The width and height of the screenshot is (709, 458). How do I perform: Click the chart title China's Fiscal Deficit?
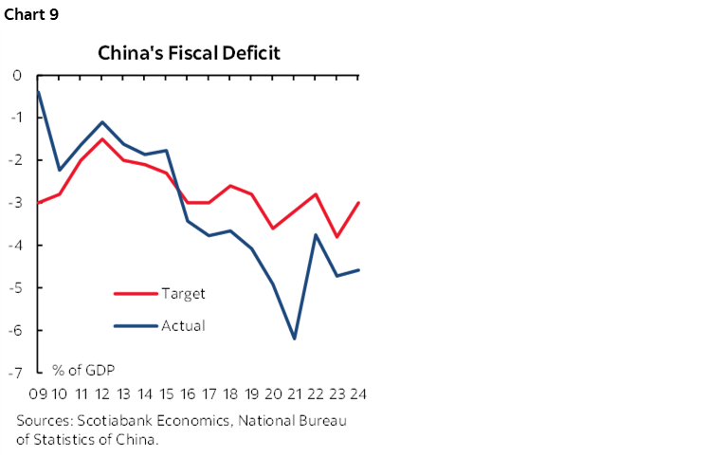(x=190, y=52)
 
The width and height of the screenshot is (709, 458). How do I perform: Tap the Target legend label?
(x=183, y=293)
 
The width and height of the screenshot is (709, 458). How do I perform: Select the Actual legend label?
(x=183, y=325)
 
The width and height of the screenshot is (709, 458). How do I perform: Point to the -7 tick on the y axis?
(x=17, y=373)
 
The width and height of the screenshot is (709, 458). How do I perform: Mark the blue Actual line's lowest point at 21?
(x=294, y=339)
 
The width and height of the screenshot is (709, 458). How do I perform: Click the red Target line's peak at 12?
(x=102, y=139)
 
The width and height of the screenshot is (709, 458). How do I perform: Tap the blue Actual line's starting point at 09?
(x=38, y=91)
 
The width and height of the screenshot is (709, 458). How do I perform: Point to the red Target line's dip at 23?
(x=336, y=237)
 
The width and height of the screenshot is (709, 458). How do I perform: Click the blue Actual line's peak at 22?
(x=315, y=234)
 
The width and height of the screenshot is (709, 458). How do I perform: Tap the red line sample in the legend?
(x=135, y=294)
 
